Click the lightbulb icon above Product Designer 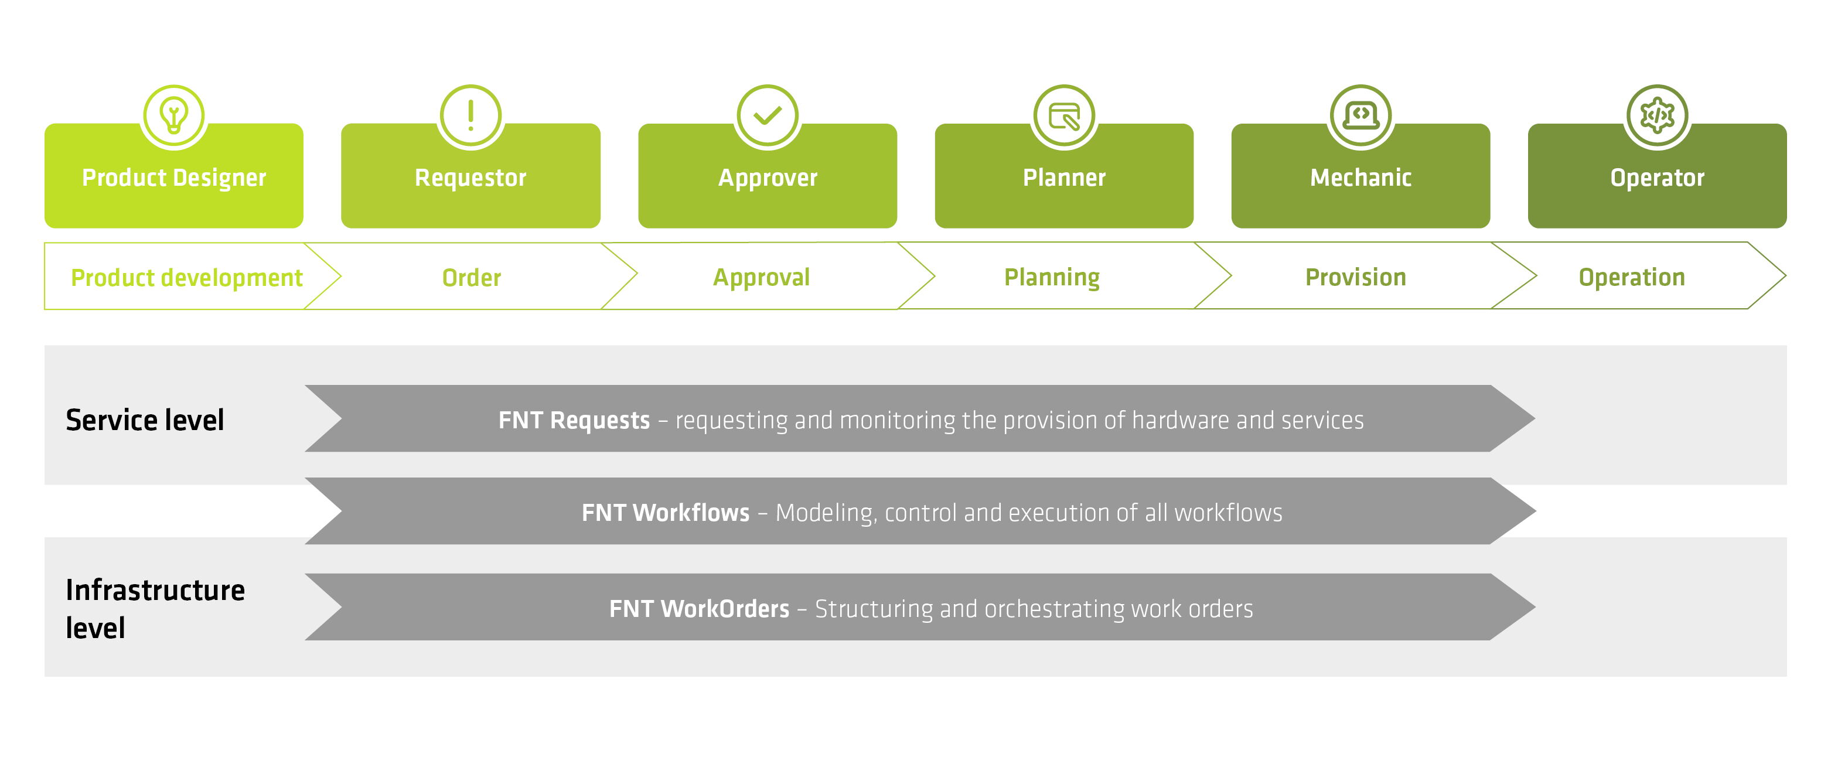coord(174,115)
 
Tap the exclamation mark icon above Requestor coord(470,115)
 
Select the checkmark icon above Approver coord(768,115)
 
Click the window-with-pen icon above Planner coord(1064,115)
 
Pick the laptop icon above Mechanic coord(1361,115)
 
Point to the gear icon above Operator coord(1657,115)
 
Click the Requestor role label coord(470,178)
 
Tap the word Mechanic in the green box coord(1361,178)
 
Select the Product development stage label coord(186,277)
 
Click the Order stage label coord(471,277)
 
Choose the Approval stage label coord(761,277)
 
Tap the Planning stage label coord(1052,277)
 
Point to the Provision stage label coord(1355,277)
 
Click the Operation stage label coord(1631,277)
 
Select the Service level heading coord(145,420)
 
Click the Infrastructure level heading coord(155,608)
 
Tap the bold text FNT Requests coord(574,420)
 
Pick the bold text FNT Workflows coord(665,513)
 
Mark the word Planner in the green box coord(1064,178)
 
